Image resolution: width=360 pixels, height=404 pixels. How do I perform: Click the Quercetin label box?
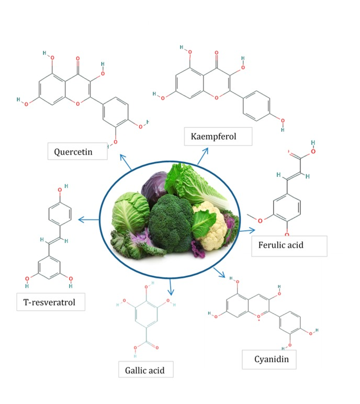[77, 151]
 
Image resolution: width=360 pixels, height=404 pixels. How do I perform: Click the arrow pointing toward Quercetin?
[126, 162]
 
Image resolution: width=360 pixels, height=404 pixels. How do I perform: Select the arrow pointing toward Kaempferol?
[203, 156]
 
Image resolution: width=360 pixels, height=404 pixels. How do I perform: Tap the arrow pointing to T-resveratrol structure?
[88, 220]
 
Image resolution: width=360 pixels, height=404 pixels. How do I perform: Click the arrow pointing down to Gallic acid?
[171, 286]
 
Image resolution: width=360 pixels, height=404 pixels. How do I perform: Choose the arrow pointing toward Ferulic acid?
[248, 230]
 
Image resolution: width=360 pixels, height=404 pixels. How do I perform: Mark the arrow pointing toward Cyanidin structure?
[219, 273]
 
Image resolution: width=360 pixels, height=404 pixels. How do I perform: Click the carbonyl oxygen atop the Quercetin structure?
[78, 59]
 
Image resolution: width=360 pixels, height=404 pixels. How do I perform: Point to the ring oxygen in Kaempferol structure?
[217, 98]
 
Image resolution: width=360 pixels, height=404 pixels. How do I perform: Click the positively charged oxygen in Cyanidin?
[258, 317]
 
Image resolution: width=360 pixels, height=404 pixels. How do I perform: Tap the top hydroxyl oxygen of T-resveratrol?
[60, 190]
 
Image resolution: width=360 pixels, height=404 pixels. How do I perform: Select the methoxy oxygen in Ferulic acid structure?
[260, 221]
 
